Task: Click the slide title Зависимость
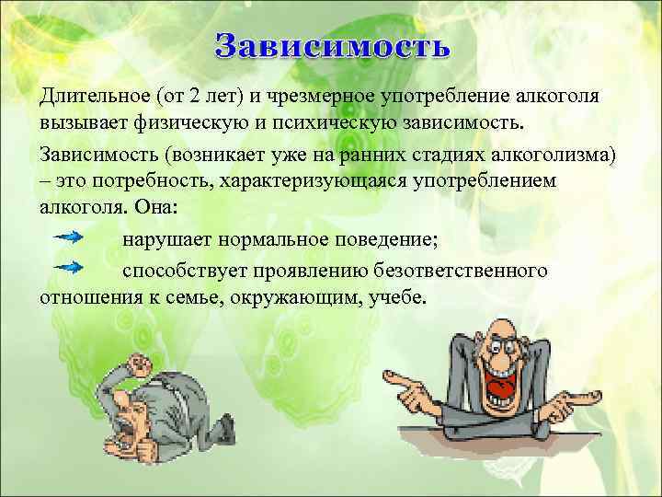[x=333, y=45]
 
